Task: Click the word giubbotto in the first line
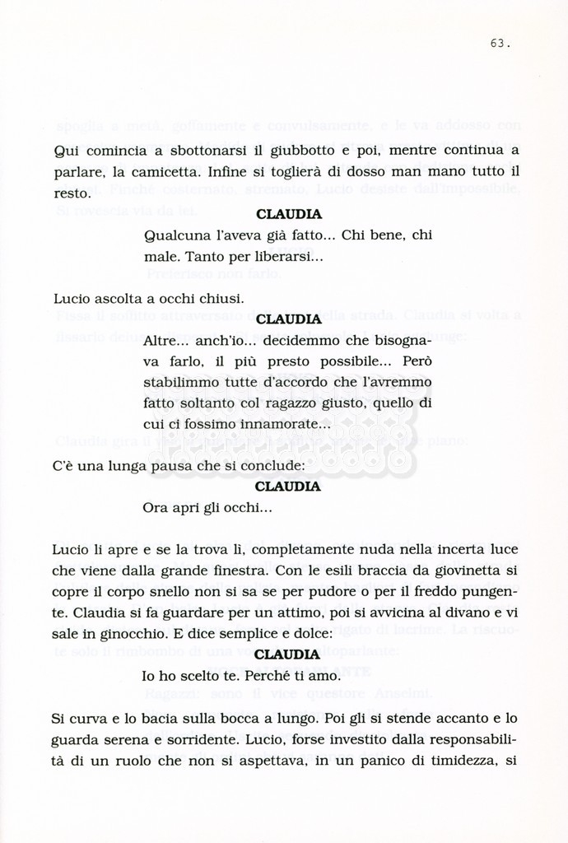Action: pyautogui.click(x=297, y=151)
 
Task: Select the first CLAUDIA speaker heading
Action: pyautogui.click(x=289, y=214)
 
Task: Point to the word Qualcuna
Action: pyautogui.click(x=173, y=236)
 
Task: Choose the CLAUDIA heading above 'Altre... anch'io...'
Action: pyautogui.click(x=289, y=319)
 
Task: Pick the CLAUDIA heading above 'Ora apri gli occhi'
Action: pyautogui.click(x=289, y=487)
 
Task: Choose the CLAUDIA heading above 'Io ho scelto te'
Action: pyautogui.click(x=289, y=654)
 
